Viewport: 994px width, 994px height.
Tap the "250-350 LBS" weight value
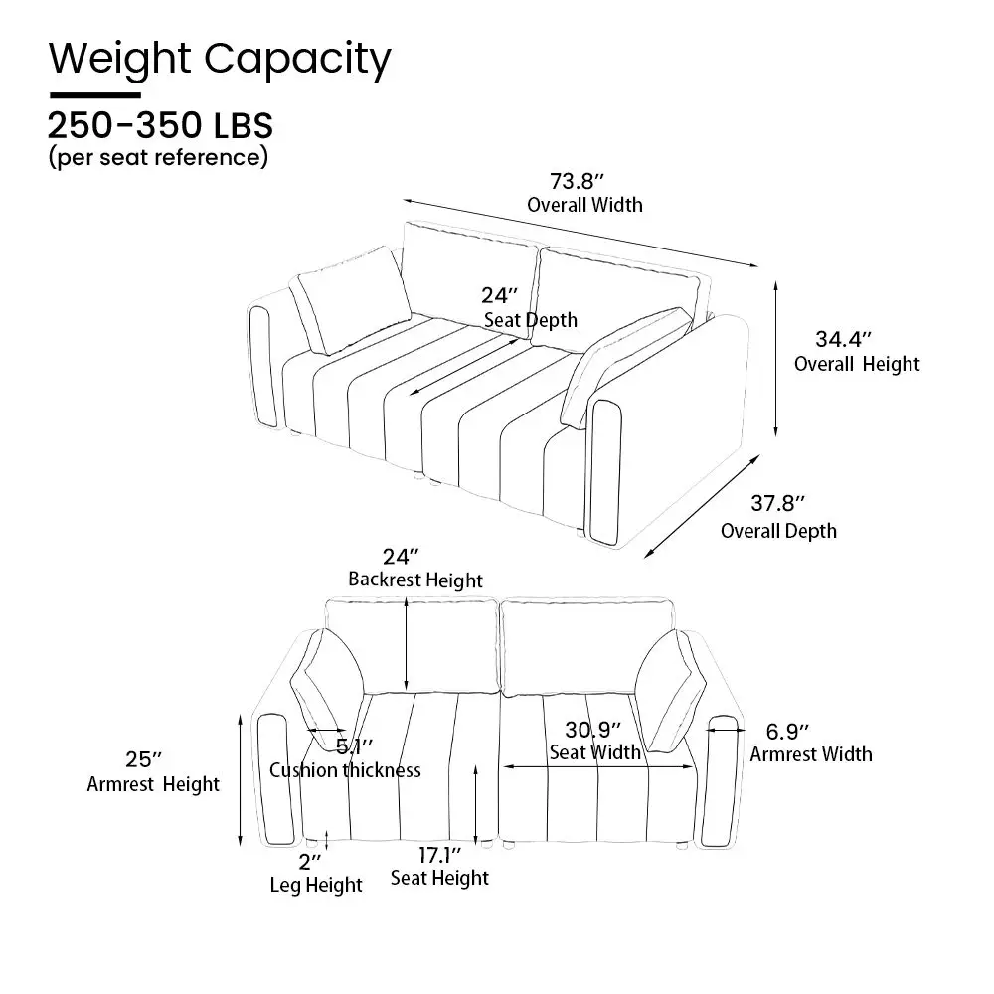point(160,125)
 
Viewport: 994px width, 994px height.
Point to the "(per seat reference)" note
point(158,157)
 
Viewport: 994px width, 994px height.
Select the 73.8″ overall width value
point(577,181)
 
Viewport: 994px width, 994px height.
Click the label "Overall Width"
point(584,205)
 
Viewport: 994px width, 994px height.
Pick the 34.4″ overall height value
point(843,339)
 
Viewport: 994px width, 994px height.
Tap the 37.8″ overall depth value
point(778,503)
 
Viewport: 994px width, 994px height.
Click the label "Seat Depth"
point(531,320)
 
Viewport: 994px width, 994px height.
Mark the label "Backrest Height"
point(415,580)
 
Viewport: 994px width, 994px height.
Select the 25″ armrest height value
point(143,758)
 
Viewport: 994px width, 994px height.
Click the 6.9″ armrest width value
point(787,732)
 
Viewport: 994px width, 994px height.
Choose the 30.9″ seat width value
point(592,730)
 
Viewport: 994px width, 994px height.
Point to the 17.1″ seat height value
point(439,855)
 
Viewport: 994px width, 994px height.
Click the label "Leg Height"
point(316,885)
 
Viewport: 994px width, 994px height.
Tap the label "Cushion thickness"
point(345,770)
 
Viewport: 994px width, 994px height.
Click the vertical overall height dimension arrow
point(776,360)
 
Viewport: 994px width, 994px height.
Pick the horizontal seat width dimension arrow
point(597,767)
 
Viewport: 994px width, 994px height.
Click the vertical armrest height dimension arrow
point(240,779)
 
